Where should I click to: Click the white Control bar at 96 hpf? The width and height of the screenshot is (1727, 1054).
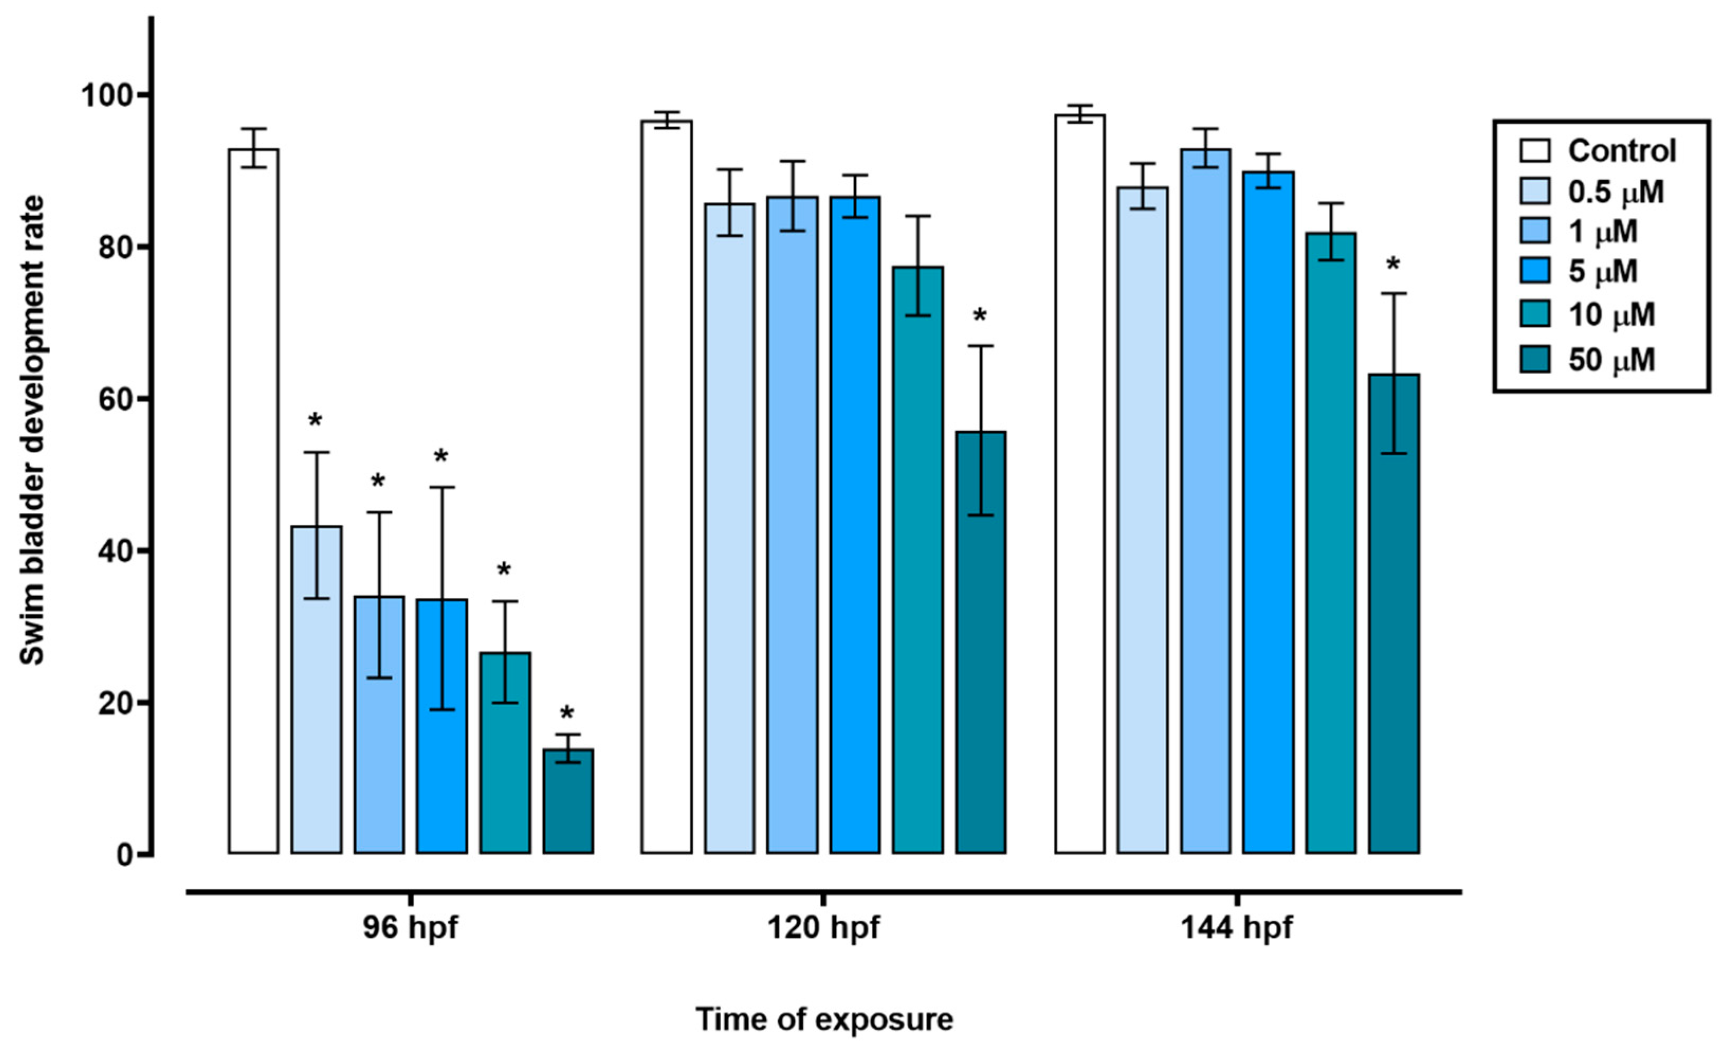(x=253, y=501)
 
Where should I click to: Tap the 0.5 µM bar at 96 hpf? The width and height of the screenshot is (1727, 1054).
(x=316, y=690)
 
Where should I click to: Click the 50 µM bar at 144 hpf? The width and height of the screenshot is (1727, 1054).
(x=1393, y=614)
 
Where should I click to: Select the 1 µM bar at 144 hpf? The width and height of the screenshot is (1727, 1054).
(x=1205, y=501)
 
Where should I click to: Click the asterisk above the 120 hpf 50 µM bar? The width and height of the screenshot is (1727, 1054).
(x=980, y=316)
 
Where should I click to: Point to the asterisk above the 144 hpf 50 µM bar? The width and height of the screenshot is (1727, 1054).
(x=1393, y=265)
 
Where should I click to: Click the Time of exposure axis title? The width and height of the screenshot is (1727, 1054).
(x=824, y=1020)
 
